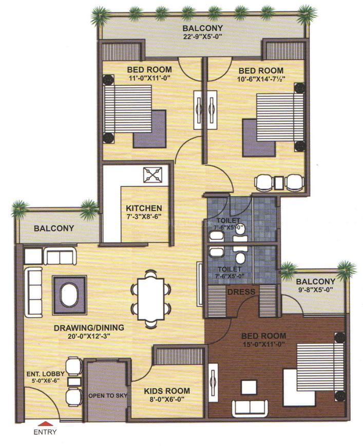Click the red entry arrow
click(x=45, y=423)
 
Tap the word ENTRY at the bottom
click(x=45, y=432)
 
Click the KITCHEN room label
click(x=144, y=208)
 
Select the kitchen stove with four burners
click(x=152, y=175)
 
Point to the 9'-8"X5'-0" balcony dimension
click(x=315, y=290)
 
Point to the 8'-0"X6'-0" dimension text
click(x=167, y=399)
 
